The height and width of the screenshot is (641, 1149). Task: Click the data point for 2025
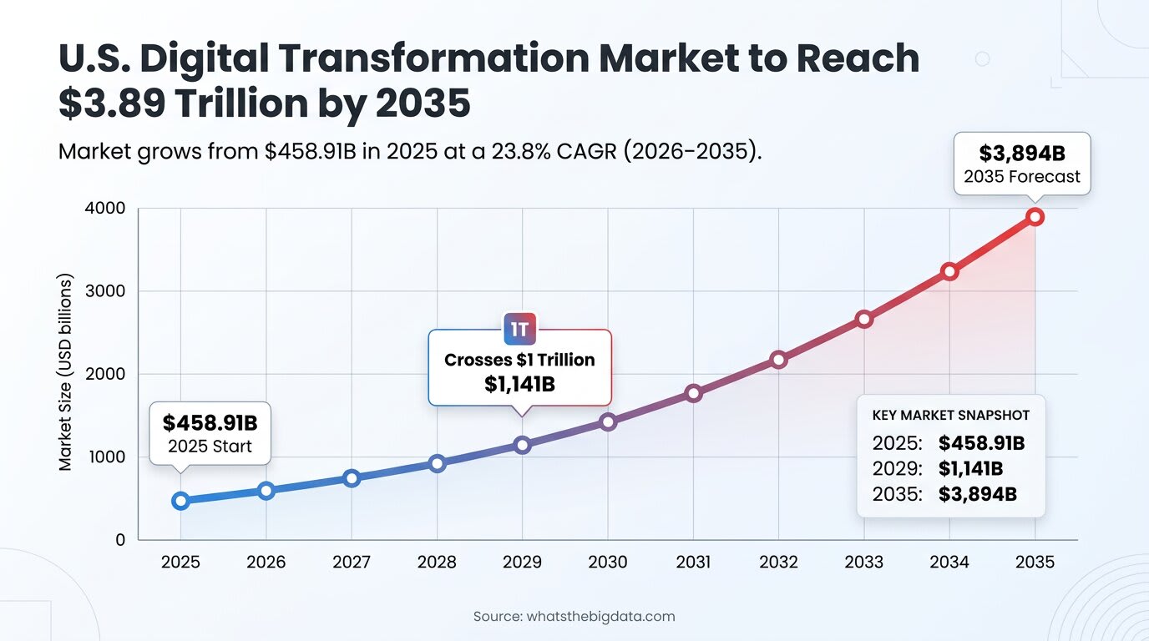(180, 501)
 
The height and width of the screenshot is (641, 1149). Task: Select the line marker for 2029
(522, 445)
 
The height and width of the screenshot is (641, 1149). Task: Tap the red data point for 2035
(1035, 217)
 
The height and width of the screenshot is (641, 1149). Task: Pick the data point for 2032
(778, 360)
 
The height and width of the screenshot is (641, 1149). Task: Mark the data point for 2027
(352, 478)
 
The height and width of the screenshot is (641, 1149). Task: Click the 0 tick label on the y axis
(120, 540)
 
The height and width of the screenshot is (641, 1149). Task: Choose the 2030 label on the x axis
(608, 563)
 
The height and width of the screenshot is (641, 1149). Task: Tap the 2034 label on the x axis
(949, 563)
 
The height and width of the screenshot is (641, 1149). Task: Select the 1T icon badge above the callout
(519, 329)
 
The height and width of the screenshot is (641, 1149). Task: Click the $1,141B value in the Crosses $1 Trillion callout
(519, 385)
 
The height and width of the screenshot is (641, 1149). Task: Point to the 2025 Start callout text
(210, 447)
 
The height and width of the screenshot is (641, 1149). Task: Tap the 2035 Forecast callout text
(1022, 177)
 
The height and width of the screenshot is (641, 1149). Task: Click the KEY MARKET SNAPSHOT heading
(950, 416)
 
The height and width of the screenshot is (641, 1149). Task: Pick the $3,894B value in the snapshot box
(977, 494)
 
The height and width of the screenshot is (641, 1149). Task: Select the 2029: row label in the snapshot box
(897, 469)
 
